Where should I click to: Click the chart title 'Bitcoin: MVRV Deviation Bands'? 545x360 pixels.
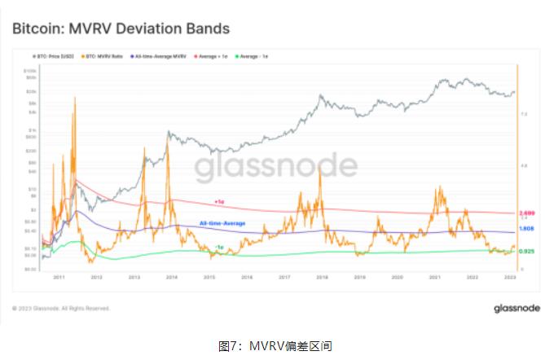pyautogui.click(x=121, y=29)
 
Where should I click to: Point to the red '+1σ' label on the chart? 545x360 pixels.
pyautogui.click(x=219, y=200)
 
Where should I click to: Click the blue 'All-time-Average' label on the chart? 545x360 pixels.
pyautogui.click(x=222, y=222)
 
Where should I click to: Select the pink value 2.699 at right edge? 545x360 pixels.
pyautogui.click(x=526, y=212)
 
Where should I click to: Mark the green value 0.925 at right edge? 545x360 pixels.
pyautogui.click(x=526, y=252)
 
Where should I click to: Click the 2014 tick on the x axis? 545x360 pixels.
pyautogui.click(x=173, y=277)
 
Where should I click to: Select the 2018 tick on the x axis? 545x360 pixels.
pyautogui.click(x=323, y=277)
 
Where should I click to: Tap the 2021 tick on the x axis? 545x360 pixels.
pyautogui.click(x=435, y=277)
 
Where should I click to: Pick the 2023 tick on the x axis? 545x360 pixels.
pyautogui.click(x=510, y=277)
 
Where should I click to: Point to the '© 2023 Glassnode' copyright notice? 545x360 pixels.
pyautogui.click(x=61, y=308)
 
